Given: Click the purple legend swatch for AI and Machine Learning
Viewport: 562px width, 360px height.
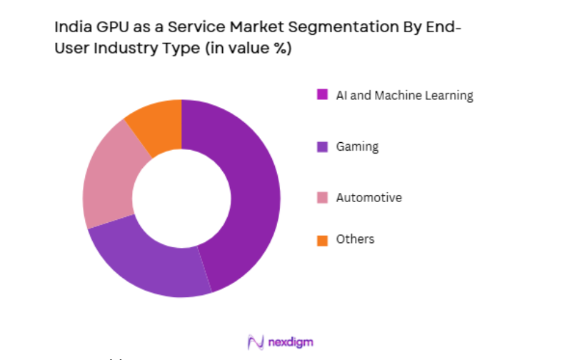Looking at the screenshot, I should click(x=322, y=94).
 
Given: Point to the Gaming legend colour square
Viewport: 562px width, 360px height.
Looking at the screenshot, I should click(x=322, y=146).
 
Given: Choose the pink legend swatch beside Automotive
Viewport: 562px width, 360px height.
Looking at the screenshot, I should click(x=322, y=197).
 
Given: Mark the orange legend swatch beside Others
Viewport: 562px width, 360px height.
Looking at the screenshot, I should click(x=322, y=240).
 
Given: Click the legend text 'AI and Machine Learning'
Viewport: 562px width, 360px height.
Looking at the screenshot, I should click(x=404, y=95).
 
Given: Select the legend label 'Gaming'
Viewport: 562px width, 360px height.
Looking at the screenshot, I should click(x=357, y=146).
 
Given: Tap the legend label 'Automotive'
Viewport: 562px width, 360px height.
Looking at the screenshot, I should click(x=368, y=197).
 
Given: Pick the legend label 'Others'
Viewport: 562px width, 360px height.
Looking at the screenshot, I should click(x=355, y=239).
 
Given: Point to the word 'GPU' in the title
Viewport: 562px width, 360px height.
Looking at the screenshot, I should click(x=108, y=28).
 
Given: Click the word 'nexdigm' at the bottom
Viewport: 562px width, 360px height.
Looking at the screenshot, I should click(x=291, y=342).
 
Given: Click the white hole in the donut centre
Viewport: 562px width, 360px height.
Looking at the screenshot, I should click(x=181, y=198).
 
